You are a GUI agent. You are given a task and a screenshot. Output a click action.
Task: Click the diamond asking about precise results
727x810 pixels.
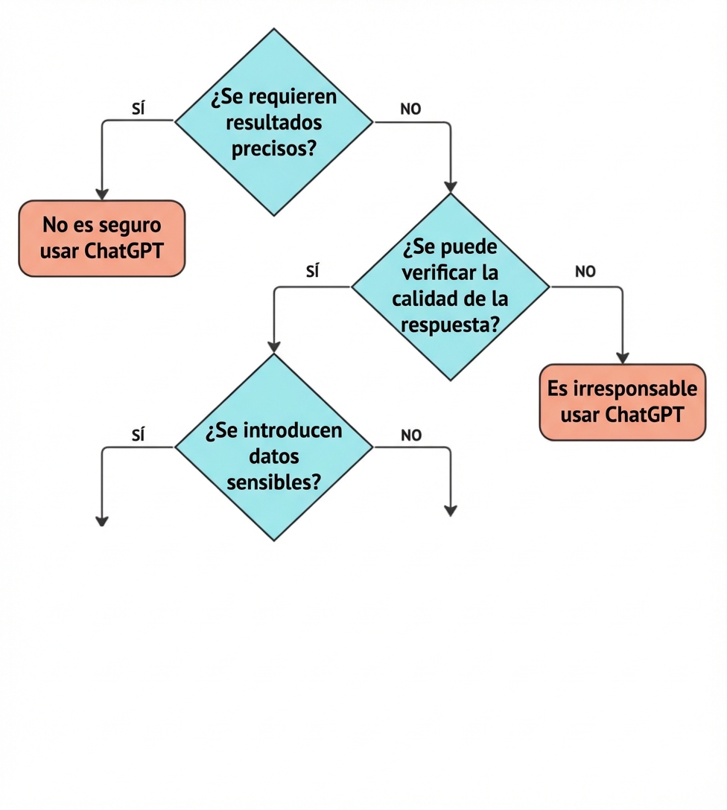(x=273, y=122)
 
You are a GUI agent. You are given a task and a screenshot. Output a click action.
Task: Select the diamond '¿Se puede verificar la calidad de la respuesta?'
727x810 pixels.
(x=450, y=287)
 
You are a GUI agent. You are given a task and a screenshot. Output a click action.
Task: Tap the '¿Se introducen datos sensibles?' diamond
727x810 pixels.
(x=273, y=447)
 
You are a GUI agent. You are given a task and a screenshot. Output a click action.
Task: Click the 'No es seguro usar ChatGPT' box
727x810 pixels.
(x=101, y=238)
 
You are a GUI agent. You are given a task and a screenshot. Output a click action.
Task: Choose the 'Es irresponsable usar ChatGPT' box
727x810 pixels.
(x=622, y=402)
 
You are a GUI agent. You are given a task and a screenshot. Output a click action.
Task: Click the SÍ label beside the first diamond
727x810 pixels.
(x=138, y=109)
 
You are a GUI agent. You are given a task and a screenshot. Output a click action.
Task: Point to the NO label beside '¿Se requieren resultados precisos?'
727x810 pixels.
(x=410, y=109)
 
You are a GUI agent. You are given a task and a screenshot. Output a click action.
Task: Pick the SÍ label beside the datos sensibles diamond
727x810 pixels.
(x=138, y=436)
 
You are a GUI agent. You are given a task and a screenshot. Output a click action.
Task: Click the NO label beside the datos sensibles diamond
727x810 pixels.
(x=411, y=436)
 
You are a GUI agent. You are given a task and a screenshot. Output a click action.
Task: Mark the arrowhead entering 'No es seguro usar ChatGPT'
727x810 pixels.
(x=102, y=194)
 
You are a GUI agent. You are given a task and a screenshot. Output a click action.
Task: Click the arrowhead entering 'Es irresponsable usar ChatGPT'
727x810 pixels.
(x=622, y=357)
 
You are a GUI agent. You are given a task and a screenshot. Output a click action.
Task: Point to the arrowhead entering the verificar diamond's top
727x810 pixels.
(x=450, y=186)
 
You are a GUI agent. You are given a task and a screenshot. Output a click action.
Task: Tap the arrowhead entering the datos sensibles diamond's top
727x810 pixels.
(x=274, y=346)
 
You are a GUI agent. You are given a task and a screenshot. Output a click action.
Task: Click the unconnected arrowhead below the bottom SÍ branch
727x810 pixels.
(x=102, y=520)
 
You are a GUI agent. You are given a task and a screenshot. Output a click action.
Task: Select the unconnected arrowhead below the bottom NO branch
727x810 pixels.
(x=450, y=510)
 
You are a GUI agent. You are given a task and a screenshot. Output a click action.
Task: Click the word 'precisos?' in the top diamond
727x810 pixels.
(x=273, y=148)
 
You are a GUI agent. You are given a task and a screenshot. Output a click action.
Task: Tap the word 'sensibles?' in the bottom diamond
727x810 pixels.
(x=273, y=482)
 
